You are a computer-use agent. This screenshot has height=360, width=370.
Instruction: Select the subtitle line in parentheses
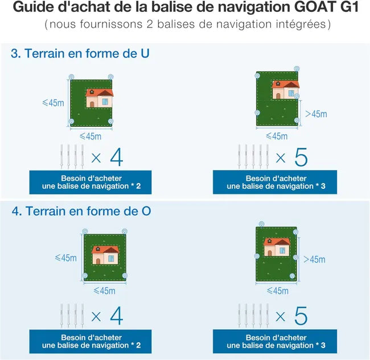pyautogui.click(x=185, y=26)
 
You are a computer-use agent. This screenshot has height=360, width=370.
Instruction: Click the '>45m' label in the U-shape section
pyautogui.click(x=316, y=114)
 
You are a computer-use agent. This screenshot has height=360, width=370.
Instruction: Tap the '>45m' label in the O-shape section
pyautogui.click(x=315, y=259)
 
